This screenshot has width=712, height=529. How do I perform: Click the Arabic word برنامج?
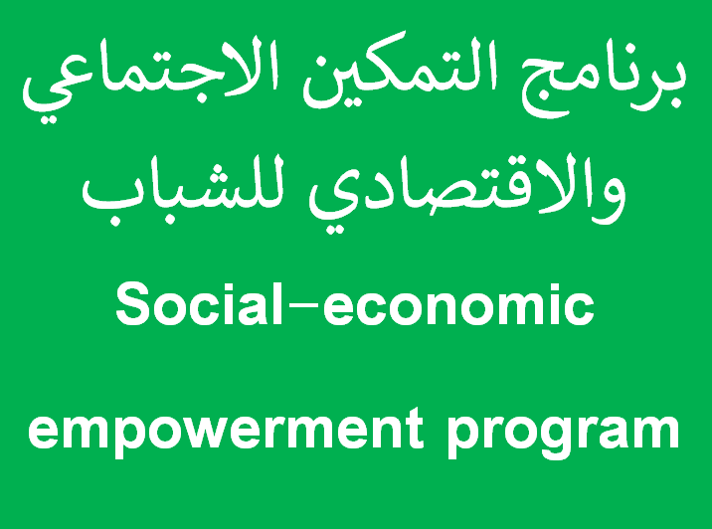(603, 84)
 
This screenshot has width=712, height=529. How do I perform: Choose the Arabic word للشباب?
(183, 191)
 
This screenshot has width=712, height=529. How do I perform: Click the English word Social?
(199, 303)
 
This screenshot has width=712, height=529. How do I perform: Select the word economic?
(458, 304)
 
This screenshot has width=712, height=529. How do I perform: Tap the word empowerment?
(225, 431)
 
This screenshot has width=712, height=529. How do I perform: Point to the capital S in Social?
(132, 303)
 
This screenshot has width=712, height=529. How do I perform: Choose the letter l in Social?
(277, 303)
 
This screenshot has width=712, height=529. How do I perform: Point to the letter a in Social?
(256, 309)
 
